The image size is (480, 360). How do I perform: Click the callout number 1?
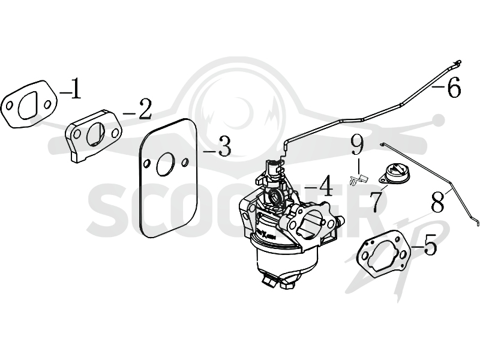pos(76,88)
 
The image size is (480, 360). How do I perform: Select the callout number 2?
pos(145,109)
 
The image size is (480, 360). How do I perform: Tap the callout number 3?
pos(224,146)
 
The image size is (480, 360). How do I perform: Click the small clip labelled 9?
pos(358,179)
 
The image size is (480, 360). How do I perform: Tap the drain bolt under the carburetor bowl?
pos(267,281)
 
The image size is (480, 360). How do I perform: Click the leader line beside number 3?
pos(210,151)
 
